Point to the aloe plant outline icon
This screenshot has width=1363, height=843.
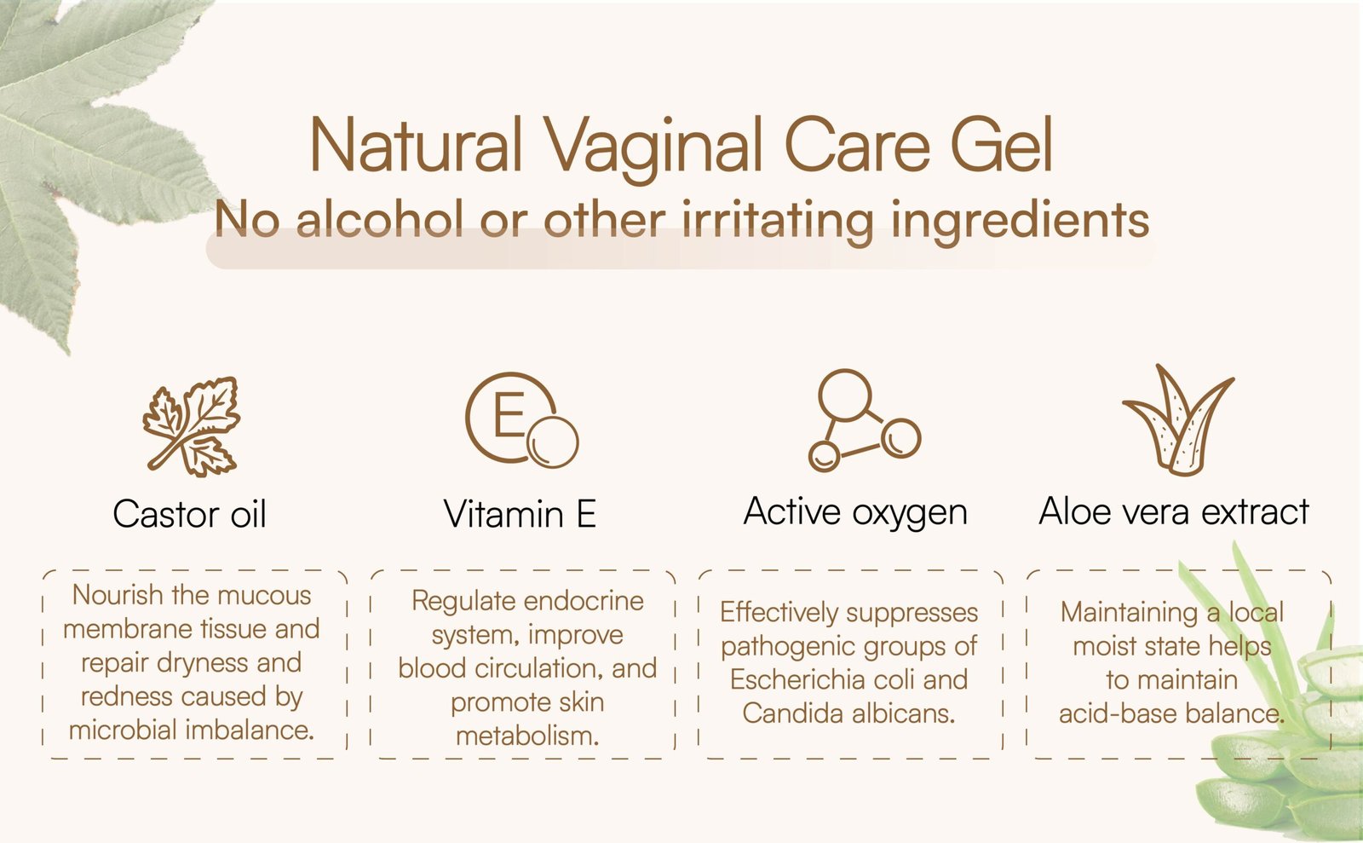point(1178,420)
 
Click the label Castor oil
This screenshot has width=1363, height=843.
point(189,513)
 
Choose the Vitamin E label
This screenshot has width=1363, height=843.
point(520,513)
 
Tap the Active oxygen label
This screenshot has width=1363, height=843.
point(855,512)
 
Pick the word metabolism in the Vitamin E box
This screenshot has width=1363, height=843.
point(527,736)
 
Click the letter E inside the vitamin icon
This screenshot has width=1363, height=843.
point(509,414)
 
